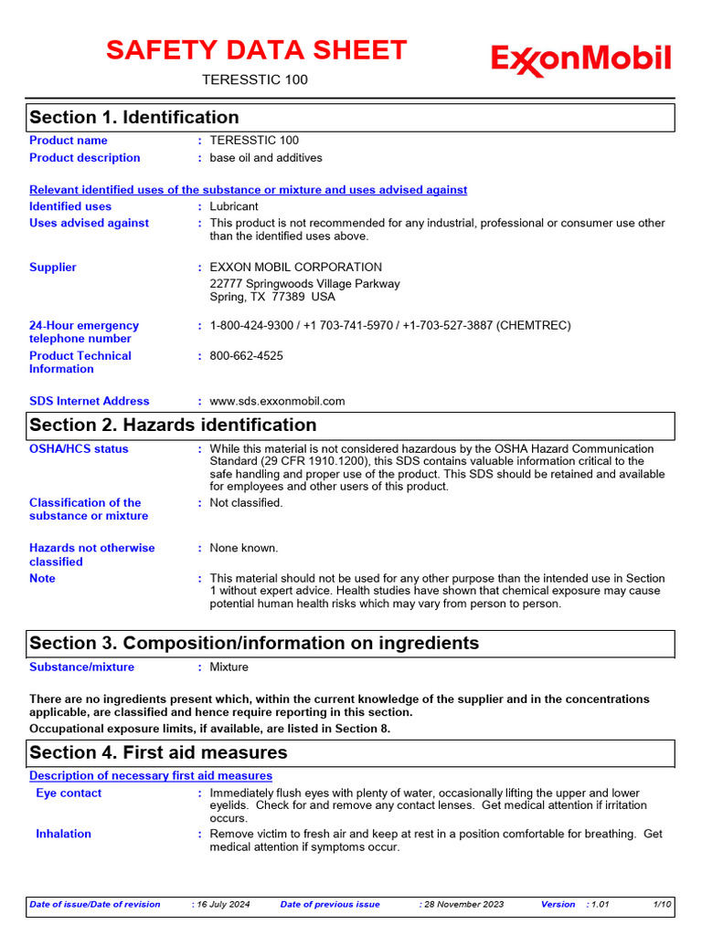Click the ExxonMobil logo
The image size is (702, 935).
click(581, 60)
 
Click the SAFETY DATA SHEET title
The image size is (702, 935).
click(256, 50)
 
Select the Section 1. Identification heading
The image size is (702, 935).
click(134, 118)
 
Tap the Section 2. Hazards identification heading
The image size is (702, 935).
click(173, 425)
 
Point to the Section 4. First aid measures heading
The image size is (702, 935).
click(158, 753)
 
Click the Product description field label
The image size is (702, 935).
click(85, 158)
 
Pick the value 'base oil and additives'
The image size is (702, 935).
click(266, 158)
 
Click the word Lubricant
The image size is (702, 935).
click(234, 207)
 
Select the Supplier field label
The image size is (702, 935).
click(53, 268)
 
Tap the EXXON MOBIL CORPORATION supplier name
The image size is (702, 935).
click(296, 268)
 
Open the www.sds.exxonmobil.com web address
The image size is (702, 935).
click(277, 401)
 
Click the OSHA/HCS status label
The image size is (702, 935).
click(79, 449)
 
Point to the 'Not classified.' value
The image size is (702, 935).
click(247, 503)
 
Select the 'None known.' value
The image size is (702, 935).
click(244, 549)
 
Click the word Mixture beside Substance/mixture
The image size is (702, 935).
click(229, 667)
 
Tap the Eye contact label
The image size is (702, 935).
click(69, 793)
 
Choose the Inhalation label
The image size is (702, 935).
click(63, 834)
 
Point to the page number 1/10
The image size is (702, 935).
click(663, 905)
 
